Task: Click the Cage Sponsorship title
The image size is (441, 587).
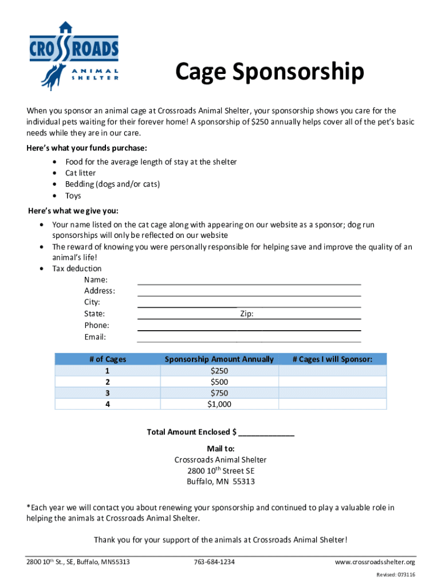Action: click(269, 72)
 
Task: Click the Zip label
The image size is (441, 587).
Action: click(247, 314)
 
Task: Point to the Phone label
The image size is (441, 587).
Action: click(96, 325)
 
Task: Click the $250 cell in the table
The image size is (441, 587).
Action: click(219, 370)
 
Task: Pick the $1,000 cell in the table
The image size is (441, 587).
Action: click(219, 404)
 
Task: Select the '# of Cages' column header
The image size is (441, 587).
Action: click(108, 359)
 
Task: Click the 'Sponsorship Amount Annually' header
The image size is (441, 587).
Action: click(219, 359)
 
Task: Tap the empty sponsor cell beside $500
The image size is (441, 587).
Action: click(332, 382)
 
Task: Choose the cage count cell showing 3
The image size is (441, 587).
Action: click(108, 393)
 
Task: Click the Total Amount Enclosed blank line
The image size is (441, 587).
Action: click(266, 433)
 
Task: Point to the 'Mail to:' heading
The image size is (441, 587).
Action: click(220, 448)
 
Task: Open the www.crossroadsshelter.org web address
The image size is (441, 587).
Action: click(375, 562)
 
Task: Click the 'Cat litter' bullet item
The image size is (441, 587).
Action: click(81, 173)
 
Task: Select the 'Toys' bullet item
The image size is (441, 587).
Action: click(73, 195)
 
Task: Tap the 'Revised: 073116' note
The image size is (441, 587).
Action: click(396, 574)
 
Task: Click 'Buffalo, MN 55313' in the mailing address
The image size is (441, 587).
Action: click(220, 482)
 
